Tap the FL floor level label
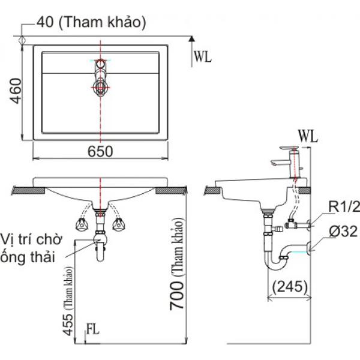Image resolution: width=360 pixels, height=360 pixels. coord(92,329)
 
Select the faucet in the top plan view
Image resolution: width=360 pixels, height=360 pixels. coord(100,77)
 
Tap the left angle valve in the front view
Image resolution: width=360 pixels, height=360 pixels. coord(80,224)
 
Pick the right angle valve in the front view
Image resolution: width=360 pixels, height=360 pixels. coord(119,224)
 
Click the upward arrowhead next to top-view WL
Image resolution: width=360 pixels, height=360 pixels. coord(191,40)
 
